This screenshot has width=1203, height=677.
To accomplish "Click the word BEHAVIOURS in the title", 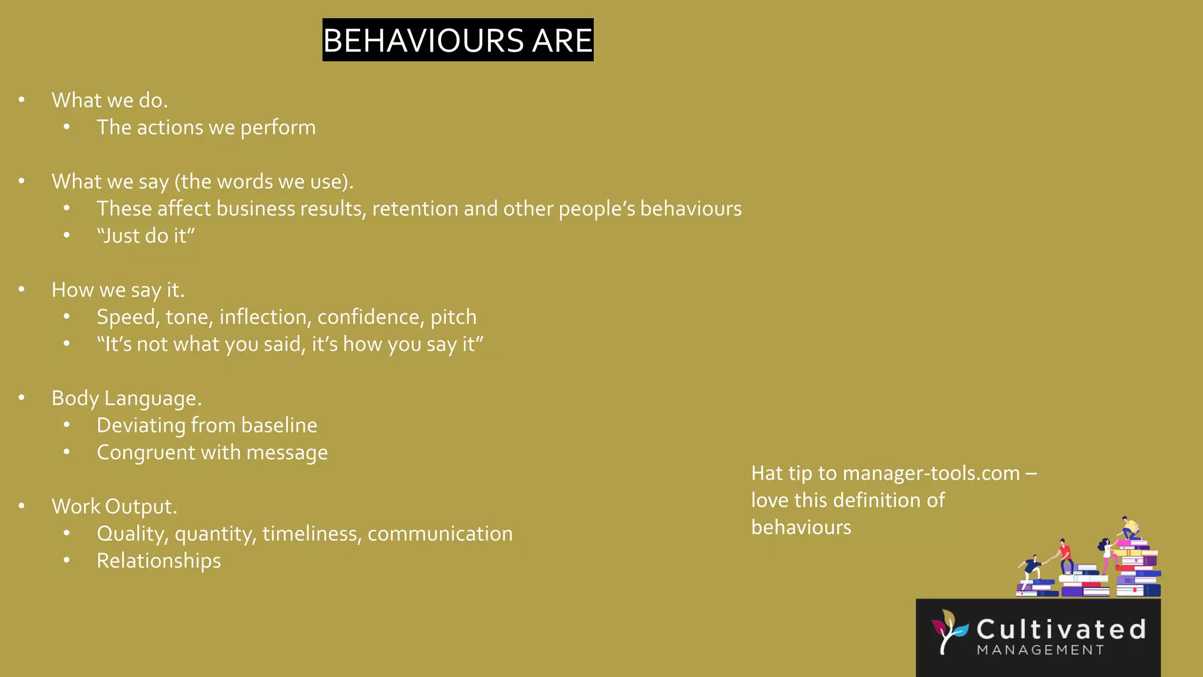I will click(423, 41).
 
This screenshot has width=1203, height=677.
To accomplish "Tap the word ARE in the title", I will click(562, 41).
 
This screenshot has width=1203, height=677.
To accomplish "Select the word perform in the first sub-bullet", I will click(278, 128).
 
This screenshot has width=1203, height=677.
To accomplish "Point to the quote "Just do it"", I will click(146, 236).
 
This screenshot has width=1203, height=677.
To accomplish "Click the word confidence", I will click(371, 317).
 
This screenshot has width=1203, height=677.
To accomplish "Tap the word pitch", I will click(453, 318).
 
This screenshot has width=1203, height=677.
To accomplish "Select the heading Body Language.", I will click(126, 398).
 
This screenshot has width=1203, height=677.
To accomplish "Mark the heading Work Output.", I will click(114, 507).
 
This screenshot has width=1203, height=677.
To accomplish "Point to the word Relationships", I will click(159, 561).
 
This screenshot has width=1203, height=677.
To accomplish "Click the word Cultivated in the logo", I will click(1061, 629).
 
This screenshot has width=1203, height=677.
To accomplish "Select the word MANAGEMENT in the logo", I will click(1040, 650).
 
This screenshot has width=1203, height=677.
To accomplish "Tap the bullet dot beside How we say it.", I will click(22, 289).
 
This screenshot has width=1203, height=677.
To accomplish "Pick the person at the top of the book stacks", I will click(1129, 528).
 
